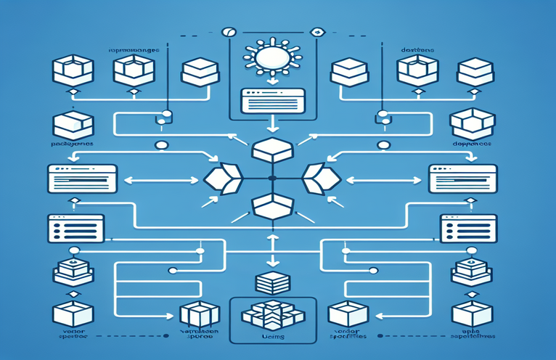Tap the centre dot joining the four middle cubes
270,177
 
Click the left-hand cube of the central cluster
223,178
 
